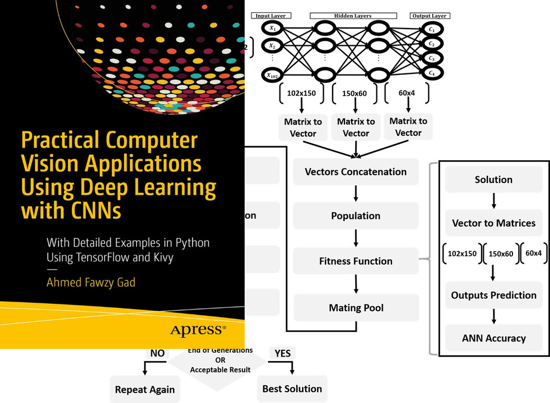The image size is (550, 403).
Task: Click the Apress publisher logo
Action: (198, 330)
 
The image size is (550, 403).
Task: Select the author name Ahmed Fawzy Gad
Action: (91, 282)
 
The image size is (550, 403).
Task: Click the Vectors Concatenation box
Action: (356, 172)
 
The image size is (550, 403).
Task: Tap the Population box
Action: (356, 216)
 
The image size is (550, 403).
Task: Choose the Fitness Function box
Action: (356, 261)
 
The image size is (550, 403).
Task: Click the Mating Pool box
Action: (356, 307)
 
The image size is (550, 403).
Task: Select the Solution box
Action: (493, 180)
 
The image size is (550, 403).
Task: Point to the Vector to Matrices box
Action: (493, 223)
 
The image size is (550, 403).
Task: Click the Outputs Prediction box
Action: (493, 295)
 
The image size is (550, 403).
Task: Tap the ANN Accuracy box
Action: (493, 338)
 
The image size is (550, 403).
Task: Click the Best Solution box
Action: (292, 388)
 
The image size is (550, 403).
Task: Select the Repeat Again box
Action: (145, 390)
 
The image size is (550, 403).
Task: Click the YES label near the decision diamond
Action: (283, 354)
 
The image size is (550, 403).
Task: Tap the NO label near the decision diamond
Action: (157, 354)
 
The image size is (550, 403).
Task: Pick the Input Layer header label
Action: (271, 16)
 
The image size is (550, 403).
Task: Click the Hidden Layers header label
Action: (353, 16)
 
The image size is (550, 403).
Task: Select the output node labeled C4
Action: (431, 72)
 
